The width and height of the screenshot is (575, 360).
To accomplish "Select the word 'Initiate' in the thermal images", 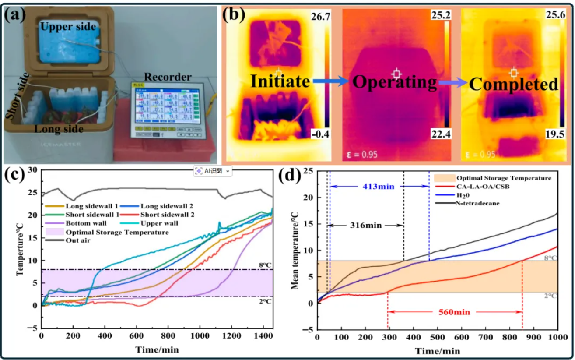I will (280, 81).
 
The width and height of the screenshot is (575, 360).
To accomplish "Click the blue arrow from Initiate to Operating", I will (329, 81).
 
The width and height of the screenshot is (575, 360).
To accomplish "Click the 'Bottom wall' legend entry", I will (84, 223).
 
